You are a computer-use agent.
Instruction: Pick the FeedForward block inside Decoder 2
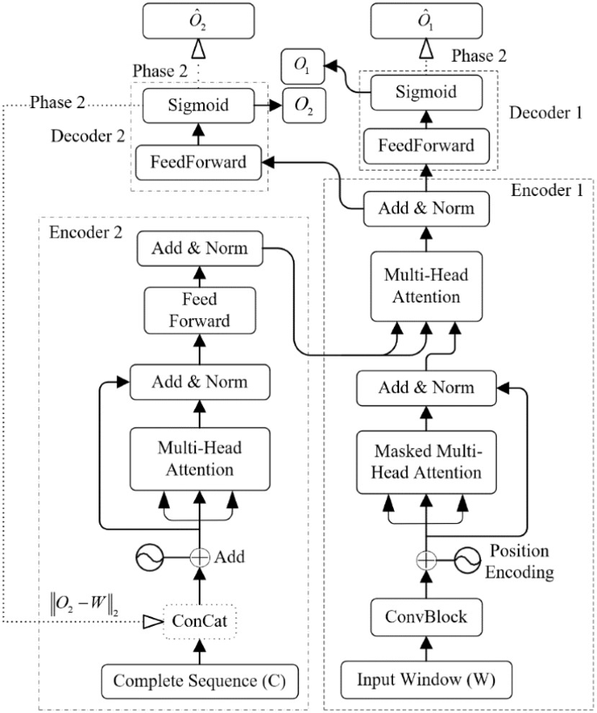(x=197, y=160)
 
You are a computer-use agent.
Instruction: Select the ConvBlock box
(x=426, y=616)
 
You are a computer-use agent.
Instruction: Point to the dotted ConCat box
(x=200, y=621)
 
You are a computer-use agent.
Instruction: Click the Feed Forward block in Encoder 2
(x=199, y=310)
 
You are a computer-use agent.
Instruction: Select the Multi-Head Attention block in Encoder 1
(x=427, y=287)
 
